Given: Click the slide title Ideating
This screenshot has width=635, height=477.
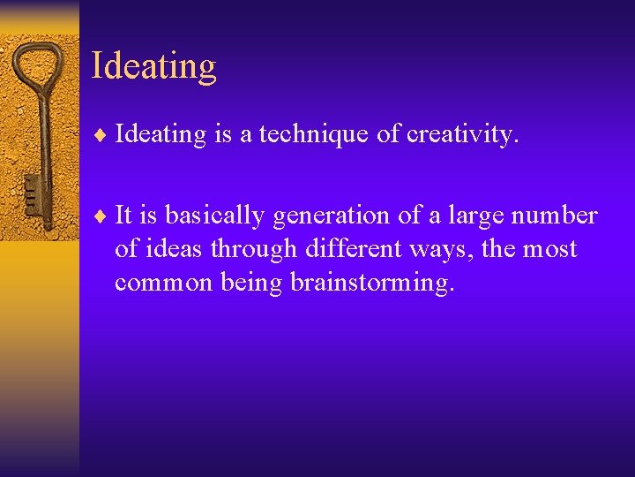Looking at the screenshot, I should tap(153, 67).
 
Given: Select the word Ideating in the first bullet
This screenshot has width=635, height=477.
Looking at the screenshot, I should tap(160, 135).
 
